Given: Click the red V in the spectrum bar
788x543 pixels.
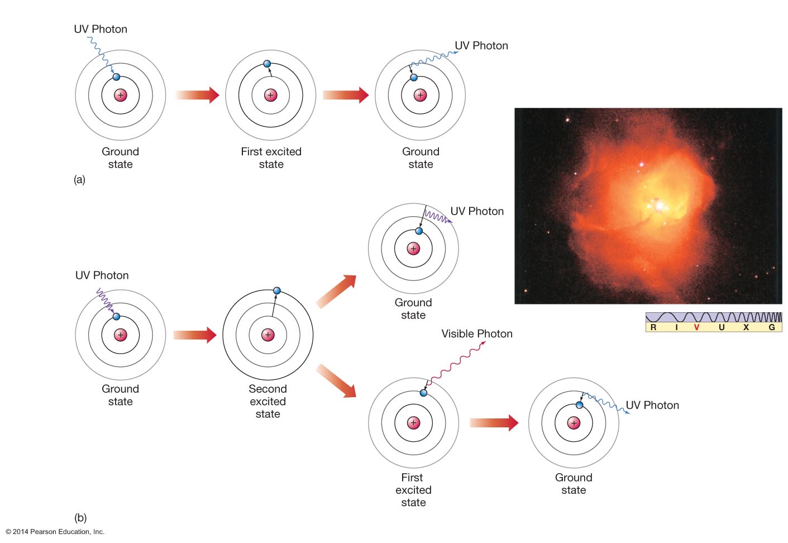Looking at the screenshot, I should pyautogui.click(x=696, y=327).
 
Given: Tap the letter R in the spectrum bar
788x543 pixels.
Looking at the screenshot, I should pyautogui.click(x=653, y=327).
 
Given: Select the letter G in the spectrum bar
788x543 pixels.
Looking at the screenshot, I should pyautogui.click(x=772, y=327).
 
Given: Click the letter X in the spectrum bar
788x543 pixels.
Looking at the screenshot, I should pyautogui.click(x=746, y=327).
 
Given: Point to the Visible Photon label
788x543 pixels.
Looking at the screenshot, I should pyautogui.click(x=476, y=334).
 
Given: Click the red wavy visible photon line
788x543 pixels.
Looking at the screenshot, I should pyautogui.click(x=455, y=363).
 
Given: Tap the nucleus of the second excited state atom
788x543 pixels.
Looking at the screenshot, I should pyautogui.click(x=268, y=335).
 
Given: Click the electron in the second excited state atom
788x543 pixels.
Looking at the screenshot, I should pyautogui.click(x=276, y=290).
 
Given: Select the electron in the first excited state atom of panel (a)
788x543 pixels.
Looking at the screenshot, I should pyautogui.click(x=267, y=64).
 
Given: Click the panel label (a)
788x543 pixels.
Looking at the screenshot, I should pyautogui.click(x=79, y=179).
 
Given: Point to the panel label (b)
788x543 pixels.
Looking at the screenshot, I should pyautogui.click(x=80, y=517).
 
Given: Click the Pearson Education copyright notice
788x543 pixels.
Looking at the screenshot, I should pyautogui.click(x=55, y=532).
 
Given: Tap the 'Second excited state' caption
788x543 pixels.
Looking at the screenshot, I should pyautogui.click(x=268, y=401).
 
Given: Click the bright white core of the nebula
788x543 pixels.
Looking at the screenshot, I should pyautogui.click(x=660, y=206).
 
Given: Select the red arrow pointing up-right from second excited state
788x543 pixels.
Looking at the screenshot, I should pyautogui.click(x=337, y=290).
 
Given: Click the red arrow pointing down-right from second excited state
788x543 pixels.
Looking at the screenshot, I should pyautogui.click(x=337, y=381).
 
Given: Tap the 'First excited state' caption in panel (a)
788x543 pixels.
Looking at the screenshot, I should pyautogui.click(x=271, y=158).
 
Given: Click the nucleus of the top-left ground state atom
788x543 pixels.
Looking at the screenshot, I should pyautogui.click(x=121, y=95).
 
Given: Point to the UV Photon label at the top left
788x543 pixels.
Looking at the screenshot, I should pyautogui.click(x=101, y=29).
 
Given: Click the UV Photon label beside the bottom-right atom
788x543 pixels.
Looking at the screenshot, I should pyautogui.click(x=652, y=405).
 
